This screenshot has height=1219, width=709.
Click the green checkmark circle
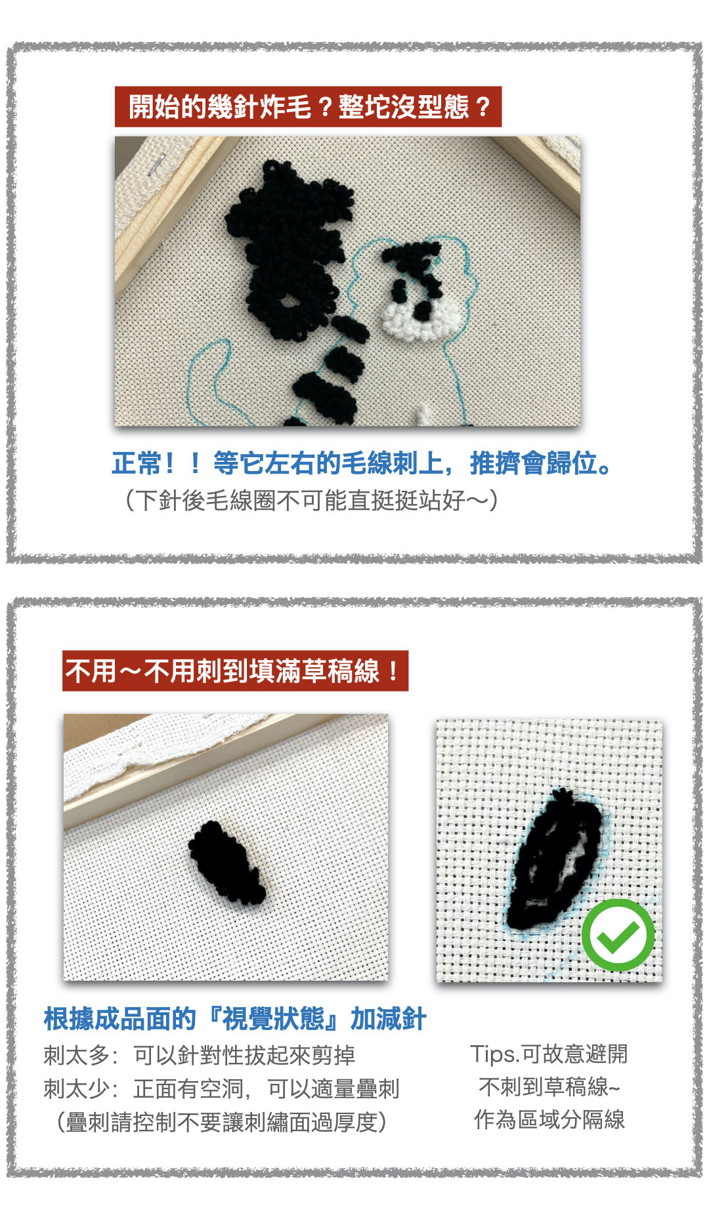618,935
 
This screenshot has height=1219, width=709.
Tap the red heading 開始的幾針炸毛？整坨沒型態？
308,106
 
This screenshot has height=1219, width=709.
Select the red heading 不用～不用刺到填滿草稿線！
235,671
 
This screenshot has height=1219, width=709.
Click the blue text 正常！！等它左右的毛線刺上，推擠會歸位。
362,463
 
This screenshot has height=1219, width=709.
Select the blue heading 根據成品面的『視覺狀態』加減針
235,1019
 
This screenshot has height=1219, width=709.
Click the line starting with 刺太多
200,1055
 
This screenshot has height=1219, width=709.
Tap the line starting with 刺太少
222,1088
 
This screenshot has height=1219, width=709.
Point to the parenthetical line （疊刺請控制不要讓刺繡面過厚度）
222,1122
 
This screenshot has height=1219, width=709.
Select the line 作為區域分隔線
549,1119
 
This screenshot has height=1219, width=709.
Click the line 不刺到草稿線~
549,1086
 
